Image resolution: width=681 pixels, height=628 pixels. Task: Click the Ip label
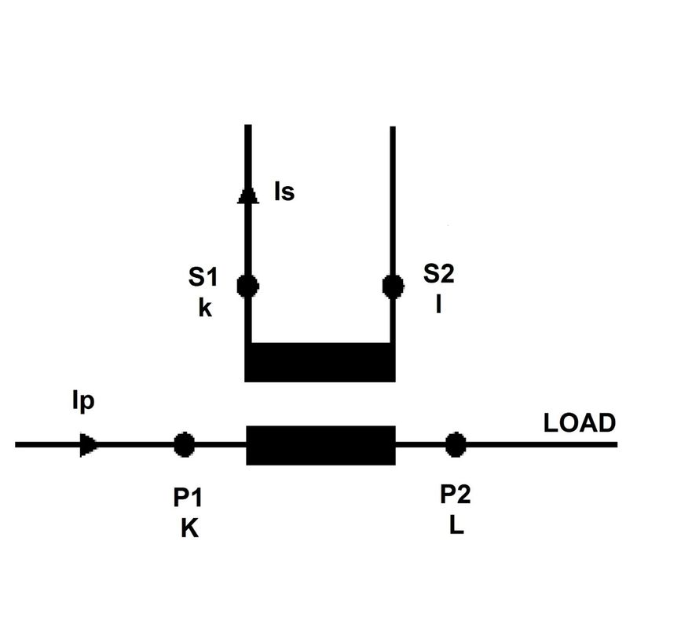83,402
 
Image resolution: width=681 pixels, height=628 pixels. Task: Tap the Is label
284,192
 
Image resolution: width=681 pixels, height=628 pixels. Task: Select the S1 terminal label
203,277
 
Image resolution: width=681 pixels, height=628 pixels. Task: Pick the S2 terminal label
438,273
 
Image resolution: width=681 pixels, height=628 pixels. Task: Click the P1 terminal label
188,498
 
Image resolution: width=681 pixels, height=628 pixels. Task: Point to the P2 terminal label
455,495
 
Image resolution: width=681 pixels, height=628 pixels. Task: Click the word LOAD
580,423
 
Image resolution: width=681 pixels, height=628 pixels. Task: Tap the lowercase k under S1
205,309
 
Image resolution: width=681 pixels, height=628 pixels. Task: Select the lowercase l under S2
438,305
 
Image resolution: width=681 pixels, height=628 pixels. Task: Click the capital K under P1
190,528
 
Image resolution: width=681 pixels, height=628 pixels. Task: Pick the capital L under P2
456,526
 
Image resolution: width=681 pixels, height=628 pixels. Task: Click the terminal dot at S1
248,286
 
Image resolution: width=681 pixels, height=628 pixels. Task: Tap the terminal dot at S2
393,286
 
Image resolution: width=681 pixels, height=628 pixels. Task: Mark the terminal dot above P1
184,444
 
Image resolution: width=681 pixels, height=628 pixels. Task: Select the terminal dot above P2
456,445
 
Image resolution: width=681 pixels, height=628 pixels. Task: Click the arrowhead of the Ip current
89,445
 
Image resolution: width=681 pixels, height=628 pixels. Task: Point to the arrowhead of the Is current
248,195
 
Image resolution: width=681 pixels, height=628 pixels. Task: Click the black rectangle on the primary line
321,445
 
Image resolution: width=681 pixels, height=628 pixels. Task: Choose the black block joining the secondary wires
320,363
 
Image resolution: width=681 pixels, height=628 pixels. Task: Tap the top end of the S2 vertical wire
393,127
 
